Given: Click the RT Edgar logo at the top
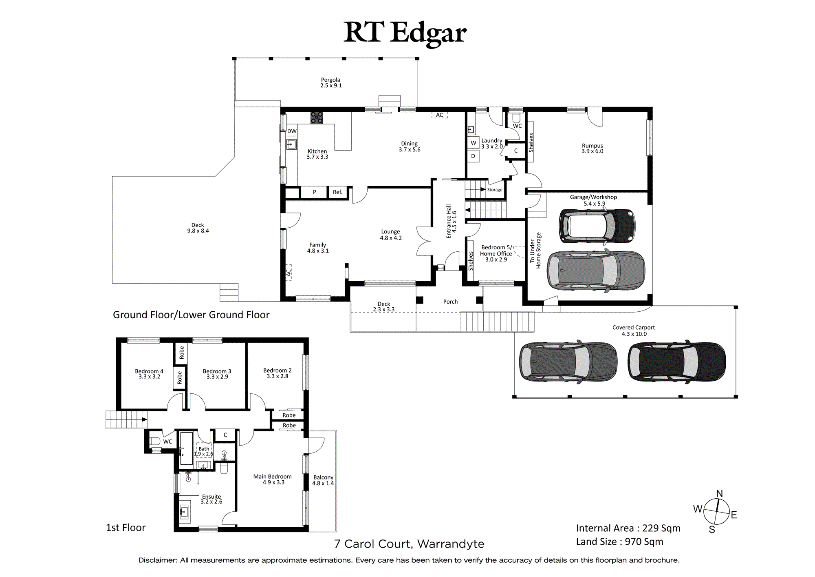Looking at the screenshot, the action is coord(405,33).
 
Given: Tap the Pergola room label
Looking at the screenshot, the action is coord(330,82).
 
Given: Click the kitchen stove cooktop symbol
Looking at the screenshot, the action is coord(317,118).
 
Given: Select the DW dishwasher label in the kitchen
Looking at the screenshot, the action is coord(292,131).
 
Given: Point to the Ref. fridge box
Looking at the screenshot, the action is coord(338,192).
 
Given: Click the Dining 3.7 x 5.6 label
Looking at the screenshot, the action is coord(410,146).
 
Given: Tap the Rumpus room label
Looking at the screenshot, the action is coord(593,148).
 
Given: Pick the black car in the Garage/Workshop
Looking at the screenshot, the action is coord(597,226).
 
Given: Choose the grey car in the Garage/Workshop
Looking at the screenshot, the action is coord(596,271).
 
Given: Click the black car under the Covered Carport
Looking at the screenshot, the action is coord(676,362).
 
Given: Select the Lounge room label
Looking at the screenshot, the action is coord(391,235).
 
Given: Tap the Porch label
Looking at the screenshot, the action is coord(450,302).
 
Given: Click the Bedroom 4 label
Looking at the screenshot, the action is coord(149,374).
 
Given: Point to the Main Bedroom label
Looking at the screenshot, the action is coord(273,479).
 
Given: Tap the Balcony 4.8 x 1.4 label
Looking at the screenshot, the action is coord(323,480).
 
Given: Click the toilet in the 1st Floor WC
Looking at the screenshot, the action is coord(155,441).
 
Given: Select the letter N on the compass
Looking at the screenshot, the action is coord(720,493).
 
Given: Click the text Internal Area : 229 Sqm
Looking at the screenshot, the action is coord(628,528).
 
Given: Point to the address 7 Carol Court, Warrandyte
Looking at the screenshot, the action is coord(409,544).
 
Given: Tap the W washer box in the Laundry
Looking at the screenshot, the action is coord(473,143).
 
